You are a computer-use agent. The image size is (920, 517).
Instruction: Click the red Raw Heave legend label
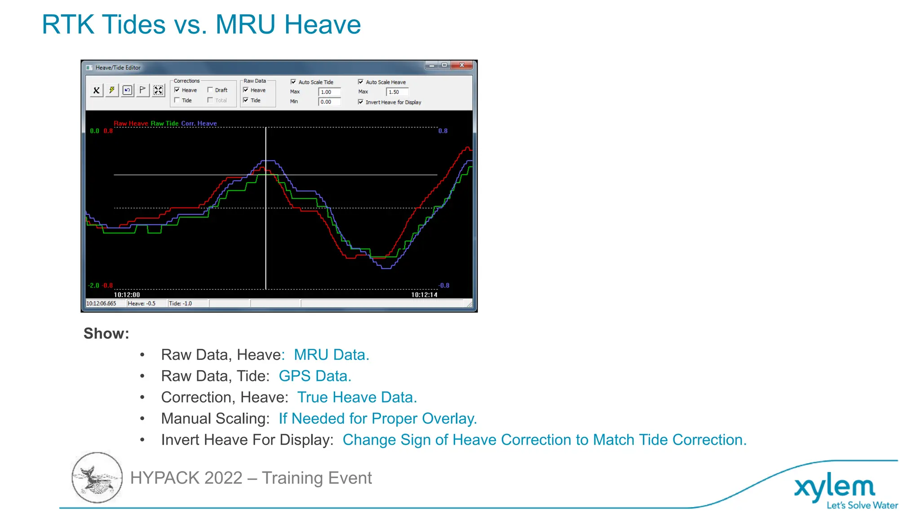(131, 123)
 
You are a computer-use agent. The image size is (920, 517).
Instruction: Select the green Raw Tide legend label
(164, 123)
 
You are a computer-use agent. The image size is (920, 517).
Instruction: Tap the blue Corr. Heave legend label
(199, 123)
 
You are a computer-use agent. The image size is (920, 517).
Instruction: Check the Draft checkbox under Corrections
(210, 90)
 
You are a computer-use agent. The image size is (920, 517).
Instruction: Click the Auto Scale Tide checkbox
(293, 82)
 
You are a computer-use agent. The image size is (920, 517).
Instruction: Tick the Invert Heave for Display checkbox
(361, 102)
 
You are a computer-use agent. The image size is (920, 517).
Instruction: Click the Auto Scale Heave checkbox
(361, 82)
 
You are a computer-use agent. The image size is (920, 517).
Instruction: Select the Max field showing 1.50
(397, 92)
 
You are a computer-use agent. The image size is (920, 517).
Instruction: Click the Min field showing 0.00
(329, 102)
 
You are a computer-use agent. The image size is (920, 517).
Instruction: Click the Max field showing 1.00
(329, 92)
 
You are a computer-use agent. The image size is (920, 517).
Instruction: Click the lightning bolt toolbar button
(112, 90)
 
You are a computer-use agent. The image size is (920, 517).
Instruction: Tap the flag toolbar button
(143, 90)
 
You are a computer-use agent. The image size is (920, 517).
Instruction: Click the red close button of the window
(462, 66)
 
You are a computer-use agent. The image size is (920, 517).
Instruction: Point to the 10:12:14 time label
(424, 295)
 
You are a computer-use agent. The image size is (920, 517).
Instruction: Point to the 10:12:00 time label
(127, 295)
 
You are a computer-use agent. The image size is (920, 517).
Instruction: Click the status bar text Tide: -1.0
(180, 304)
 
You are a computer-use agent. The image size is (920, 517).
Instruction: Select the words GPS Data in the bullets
(314, 376)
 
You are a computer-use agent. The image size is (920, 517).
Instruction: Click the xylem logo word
(834, 487)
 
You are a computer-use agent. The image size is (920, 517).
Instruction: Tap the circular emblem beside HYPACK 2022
(97, 478)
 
